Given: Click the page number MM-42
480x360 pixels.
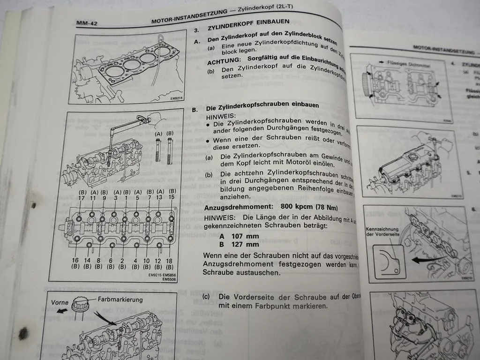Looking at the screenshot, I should (x=87, y=23).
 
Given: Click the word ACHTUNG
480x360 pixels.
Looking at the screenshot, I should (x=224, y=61).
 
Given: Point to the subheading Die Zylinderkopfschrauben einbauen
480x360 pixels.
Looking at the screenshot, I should (x=262, y=106).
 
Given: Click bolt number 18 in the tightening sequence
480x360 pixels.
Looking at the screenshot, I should (x=170, y=260).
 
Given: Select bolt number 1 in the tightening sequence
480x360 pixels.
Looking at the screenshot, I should (x=126, y=198).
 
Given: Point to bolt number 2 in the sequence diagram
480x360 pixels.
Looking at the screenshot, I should (x=122, y=260).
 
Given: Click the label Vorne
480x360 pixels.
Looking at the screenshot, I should (x=60, y=302).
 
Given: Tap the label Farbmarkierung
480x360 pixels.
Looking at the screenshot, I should (x=120, y=299).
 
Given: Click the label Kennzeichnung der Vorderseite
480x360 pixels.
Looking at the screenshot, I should (x=382, y=232).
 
